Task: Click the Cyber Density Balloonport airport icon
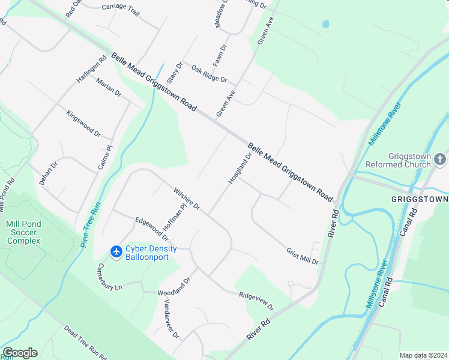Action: coord(116,250)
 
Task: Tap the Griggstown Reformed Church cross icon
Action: coord(440,159)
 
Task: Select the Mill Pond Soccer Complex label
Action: coord(23,232)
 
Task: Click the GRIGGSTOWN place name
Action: coord(420,199)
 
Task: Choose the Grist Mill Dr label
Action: coord(302,256)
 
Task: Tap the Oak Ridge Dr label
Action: coord(209,75)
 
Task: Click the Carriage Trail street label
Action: coord(120,10)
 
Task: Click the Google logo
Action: coord(20,353)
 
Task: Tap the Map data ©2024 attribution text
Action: coord(423,355)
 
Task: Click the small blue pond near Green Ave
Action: coord(325,25)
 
